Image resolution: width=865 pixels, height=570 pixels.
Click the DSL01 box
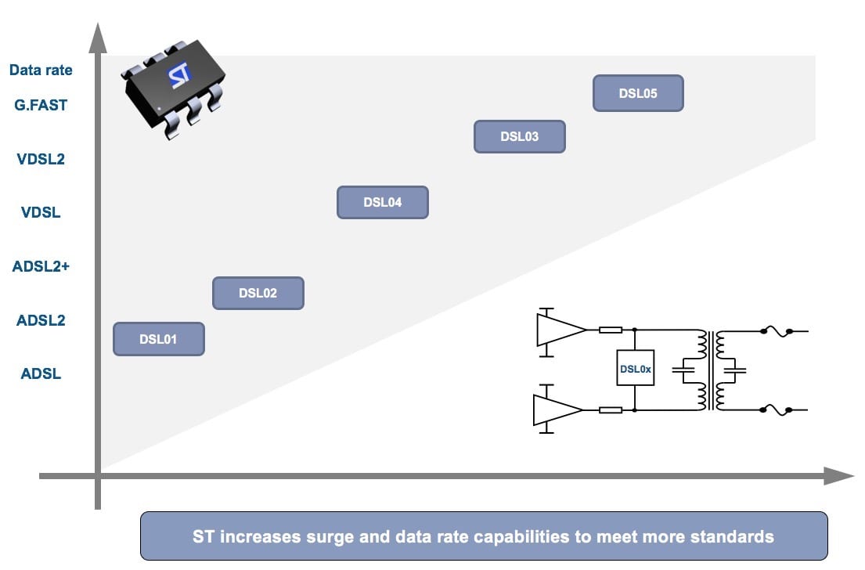(159, 339)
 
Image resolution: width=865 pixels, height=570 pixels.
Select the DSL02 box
(258, 294)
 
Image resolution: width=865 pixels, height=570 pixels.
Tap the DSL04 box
(382, 202)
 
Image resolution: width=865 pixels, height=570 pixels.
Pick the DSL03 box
(519, 136)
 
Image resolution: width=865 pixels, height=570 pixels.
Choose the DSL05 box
(638, 93)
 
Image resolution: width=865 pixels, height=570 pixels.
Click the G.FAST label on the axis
(41, 105)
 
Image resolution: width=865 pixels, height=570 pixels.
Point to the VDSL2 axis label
(41, 159)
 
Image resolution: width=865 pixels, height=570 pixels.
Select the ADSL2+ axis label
(41, 266)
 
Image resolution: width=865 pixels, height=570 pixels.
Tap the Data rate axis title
(41, 70)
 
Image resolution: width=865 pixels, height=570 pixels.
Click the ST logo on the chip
(179, 77)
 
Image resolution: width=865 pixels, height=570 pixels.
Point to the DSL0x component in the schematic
(635, 369)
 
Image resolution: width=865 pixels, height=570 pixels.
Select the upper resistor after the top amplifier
(611, 330)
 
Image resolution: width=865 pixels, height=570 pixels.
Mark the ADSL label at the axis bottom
(41, 373)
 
